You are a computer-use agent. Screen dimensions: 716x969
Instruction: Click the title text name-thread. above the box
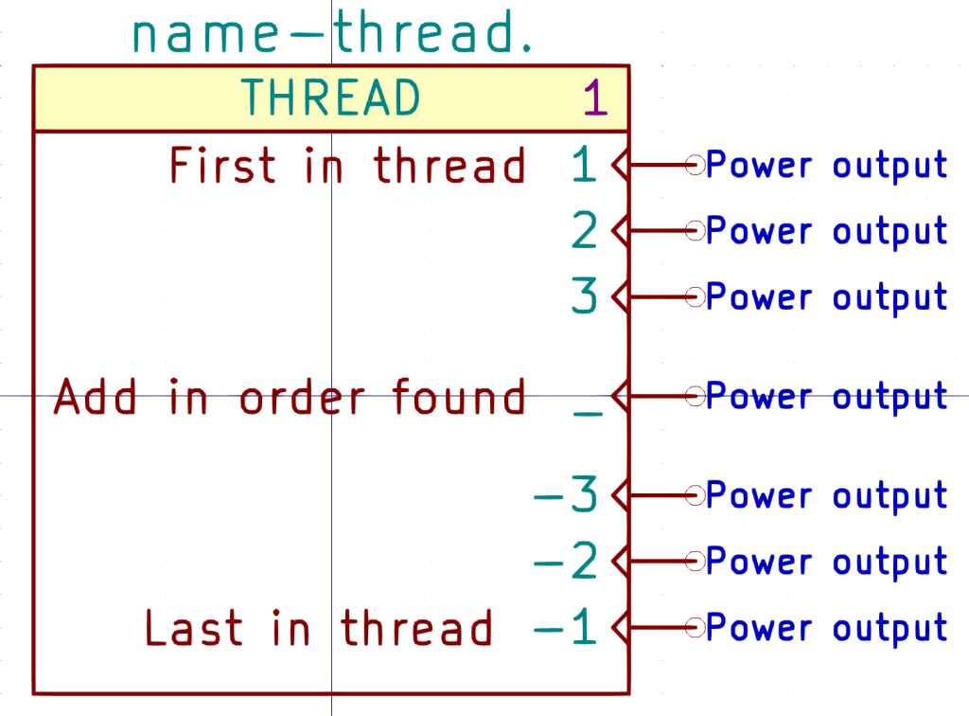pyautogui.click(x=333, y=33)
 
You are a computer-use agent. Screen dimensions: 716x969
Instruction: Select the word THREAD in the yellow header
pyautogui.click(x=330, y=98)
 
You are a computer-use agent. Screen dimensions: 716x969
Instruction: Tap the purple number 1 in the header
pyautogui.click(x=594, y=98)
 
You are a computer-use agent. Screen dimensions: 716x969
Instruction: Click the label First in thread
pyautogui.click(x=347, y=166)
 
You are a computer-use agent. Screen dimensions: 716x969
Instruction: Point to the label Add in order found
pyautogui.click(x=290, y=397)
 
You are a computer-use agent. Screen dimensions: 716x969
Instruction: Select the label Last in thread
pyautogui.click(x=319, y=628)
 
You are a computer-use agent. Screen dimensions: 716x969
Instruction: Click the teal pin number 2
pyautogui.click(x=585, y=231)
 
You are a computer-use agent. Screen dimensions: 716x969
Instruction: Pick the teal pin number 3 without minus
pyautogui.click(x=585, y=297)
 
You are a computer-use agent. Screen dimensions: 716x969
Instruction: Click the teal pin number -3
pyautogui.click(x=567, y=495)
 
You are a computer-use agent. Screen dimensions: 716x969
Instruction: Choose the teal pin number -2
pyautogui.click(x=567, y=562)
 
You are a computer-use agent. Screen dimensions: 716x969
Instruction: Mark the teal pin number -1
pyautogui.click(x=567, y=628)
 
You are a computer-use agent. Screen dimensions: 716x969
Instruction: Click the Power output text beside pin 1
pyautogui.click(x=827, y=166)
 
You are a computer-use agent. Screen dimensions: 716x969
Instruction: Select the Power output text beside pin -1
pyautogui.click(x=827, y=628)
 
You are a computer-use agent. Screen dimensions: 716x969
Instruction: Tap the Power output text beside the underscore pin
pyautogui.click(x=827, y=397)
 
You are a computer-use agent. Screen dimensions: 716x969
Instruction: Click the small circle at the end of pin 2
pyautogui.click(x=696, y=231)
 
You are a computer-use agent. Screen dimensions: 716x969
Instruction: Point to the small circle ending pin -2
pyautogui.click(x=696, y=562)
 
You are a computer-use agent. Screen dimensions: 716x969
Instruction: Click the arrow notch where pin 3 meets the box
pyautogui.click(x=620, y=297)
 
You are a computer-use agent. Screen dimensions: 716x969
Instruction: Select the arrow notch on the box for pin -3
pyautogui.click(x=620, y=495)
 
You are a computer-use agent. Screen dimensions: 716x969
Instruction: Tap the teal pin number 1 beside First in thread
pyautogui.click(x=585, y=166)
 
